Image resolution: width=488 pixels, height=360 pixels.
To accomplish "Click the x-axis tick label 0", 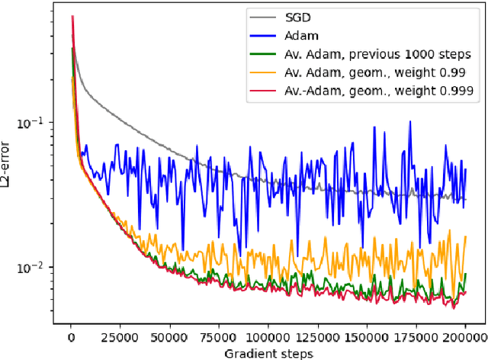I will [71, 336].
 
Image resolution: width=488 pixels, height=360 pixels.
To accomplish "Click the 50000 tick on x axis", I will [169, 336].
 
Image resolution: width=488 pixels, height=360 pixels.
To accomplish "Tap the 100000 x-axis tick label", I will [268, 336].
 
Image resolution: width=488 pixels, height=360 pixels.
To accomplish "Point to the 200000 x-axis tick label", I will [464, 336].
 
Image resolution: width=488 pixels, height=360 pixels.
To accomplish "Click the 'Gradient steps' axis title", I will [268, 352].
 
